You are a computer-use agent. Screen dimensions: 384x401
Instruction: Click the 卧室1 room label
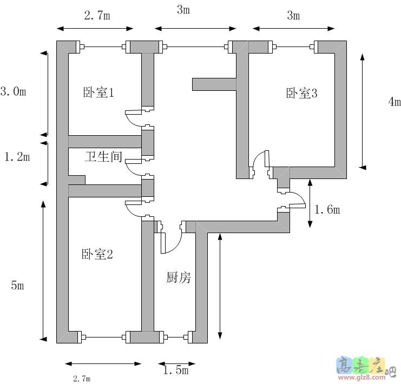point(98,92)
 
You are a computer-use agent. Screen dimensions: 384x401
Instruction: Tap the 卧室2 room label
point(97,254)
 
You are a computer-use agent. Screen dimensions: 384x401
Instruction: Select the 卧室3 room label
point(301,93)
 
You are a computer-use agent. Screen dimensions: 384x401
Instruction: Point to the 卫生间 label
point(103,157)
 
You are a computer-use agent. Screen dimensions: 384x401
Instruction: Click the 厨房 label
point(179,278)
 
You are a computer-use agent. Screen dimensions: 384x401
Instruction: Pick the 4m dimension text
point(395,102)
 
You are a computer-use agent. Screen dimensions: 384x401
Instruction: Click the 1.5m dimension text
point(175,370)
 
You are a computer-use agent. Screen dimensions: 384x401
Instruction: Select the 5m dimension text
point(17,285)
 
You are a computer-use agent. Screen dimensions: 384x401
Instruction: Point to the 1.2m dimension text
point(17,157)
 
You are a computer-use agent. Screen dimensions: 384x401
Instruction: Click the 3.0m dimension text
point(13,91)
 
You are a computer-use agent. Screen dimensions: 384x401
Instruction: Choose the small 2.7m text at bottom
point(82,379)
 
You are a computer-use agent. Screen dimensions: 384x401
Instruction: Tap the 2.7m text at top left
point(97,16)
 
